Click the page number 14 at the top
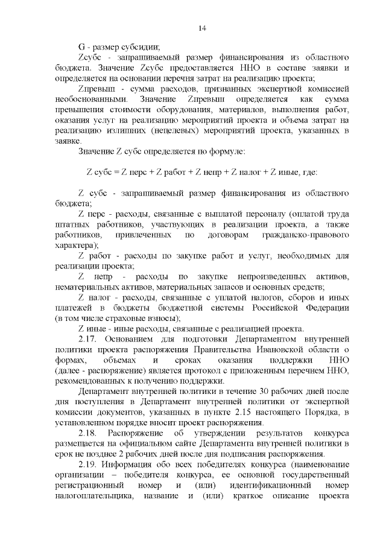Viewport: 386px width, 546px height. (202, 29)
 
